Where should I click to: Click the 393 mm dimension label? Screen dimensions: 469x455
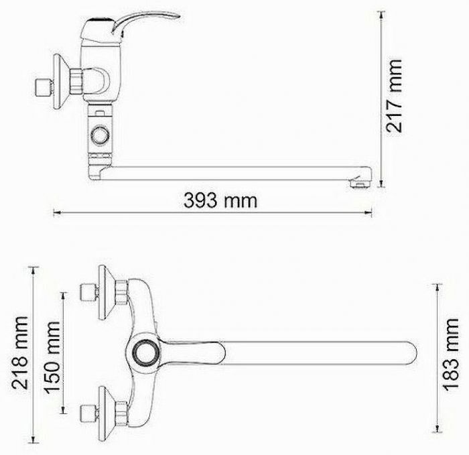[220, 200]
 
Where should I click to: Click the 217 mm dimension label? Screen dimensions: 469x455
[394, 96]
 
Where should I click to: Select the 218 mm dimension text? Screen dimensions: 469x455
[20, 353]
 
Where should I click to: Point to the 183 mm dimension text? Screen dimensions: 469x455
[451, 354]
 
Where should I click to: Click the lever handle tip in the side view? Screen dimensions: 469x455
[178, 15]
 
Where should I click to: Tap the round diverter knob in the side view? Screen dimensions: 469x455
[100, 135]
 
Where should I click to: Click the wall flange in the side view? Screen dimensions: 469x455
[61, 81]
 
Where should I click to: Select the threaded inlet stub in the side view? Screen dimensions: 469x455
[44, 87]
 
